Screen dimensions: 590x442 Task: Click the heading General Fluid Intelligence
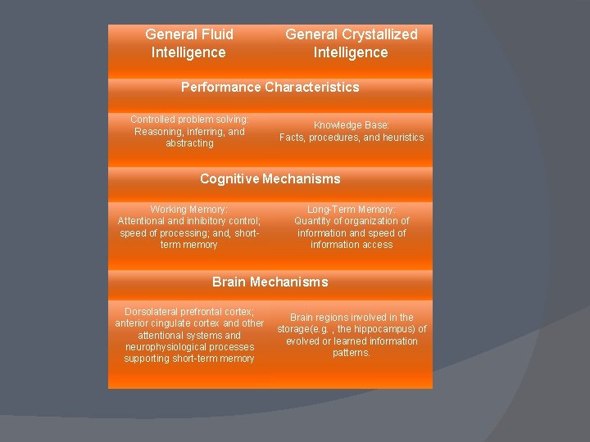click(189, 43)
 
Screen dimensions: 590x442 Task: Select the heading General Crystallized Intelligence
click(351, 43)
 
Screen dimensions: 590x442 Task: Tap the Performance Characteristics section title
click(270, 87)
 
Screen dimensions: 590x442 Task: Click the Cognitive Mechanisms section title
click(270, 178)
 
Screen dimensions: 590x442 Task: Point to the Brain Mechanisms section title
click(270, 282)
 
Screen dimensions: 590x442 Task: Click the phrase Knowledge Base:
click(352, 125)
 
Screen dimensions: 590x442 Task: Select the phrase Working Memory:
click(189, 210)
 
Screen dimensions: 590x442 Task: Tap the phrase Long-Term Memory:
click(352, 210)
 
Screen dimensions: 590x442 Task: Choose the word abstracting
click(189, 143)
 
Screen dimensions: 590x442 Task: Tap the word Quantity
click(312, 221)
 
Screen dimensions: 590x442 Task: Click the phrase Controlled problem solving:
click(189, 120)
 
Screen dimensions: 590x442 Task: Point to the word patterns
click(352, 353)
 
